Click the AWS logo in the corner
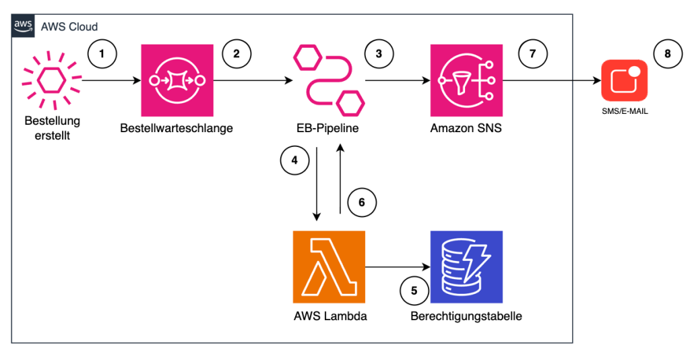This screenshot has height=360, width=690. point(24,26)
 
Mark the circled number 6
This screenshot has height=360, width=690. point(362,202)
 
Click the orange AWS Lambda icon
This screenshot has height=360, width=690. point(329,266)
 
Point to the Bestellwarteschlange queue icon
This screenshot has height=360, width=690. point(176,80)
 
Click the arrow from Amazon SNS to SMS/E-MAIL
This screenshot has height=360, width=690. point(550,81)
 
